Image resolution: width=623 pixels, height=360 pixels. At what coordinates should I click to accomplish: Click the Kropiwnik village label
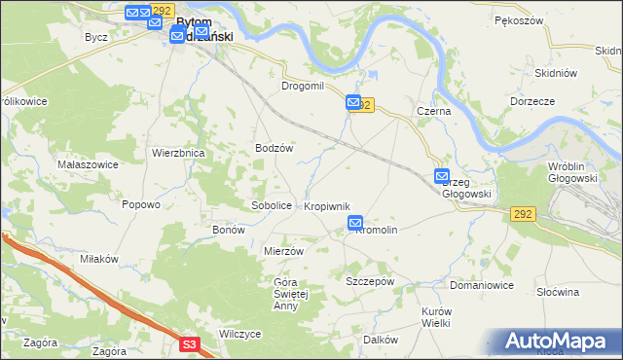tap(326, 206)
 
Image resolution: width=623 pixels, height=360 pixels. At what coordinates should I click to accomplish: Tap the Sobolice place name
tap(272, 206)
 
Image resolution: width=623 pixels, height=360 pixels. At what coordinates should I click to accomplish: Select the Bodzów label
tap(274, 148)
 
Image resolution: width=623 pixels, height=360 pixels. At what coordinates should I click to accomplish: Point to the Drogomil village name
tap(302, 87)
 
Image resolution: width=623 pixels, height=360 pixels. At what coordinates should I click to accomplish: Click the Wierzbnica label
tap(177, 153)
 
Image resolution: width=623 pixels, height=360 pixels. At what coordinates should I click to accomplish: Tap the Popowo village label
tap(140, 204)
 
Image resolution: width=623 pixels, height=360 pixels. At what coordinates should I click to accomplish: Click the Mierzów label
tap(284, 250)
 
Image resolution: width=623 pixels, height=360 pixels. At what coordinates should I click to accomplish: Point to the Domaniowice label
tap(481, 285)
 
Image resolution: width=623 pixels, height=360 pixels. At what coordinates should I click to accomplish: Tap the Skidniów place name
tap(557, 73)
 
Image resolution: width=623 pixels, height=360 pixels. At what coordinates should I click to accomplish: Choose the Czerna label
tap(433, 112)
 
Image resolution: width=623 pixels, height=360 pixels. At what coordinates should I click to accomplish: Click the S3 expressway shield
tap(190, 343)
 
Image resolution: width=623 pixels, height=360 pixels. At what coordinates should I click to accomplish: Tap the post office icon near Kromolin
tap(355, 224)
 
